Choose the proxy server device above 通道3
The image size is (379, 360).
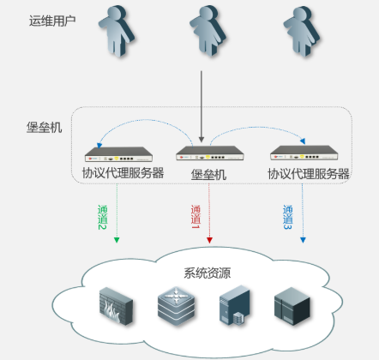300,154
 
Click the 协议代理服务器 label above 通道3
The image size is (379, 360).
308,173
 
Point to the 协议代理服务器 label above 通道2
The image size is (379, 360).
123,173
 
